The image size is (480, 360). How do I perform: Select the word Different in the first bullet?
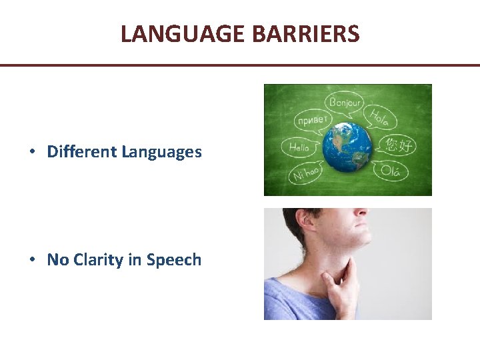tap(82, 152)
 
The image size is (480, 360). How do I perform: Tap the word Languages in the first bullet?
tap(161, 152)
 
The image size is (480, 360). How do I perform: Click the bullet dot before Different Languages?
tap(32, 153)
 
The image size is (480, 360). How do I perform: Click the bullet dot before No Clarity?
tap(32, 261)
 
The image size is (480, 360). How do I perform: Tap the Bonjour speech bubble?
tap(345, 103)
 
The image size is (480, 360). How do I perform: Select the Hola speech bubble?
tap(382, 118)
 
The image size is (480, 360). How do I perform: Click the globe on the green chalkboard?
tap(347, 144)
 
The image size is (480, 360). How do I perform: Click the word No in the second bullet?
tap(58, 260)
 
